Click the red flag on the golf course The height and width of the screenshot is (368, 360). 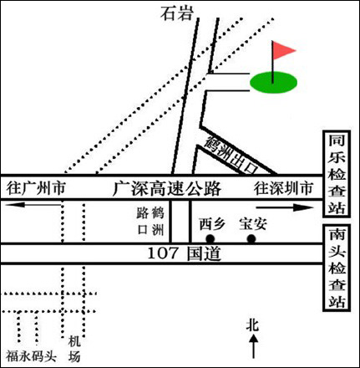(x=283, y=50)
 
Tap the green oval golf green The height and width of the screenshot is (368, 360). (x=273, y=82)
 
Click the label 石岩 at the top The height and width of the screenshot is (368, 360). (x=177, y=13)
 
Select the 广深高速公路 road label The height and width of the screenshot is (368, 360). (x=167, y=188)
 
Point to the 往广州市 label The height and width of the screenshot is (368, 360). (x=36, y=188)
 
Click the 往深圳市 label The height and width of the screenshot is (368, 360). (x=283, y=188)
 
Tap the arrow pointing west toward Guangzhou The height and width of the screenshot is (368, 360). (x=33, y=205)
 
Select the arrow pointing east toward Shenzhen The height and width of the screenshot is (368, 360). (x=285, y=207)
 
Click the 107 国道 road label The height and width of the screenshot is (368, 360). (x=184, y=253)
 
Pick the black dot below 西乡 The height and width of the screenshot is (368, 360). (x=210, y=239)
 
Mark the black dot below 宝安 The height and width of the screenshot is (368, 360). (x=251, y=239)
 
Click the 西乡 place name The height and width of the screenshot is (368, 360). (x=212, y=224)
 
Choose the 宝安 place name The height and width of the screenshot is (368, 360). (x=253, y=224)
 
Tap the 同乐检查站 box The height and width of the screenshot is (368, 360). (x=337, y=174)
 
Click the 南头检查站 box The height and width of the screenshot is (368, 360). (x=337, y=268)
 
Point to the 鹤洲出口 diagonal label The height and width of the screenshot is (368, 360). (x=231, y=155)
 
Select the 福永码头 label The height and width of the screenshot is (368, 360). (x=32, y=356)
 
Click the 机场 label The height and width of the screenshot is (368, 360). (x=74, y=349)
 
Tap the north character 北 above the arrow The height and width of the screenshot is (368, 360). (x=253, y=325)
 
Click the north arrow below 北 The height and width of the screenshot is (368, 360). (x=253, y=346)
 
